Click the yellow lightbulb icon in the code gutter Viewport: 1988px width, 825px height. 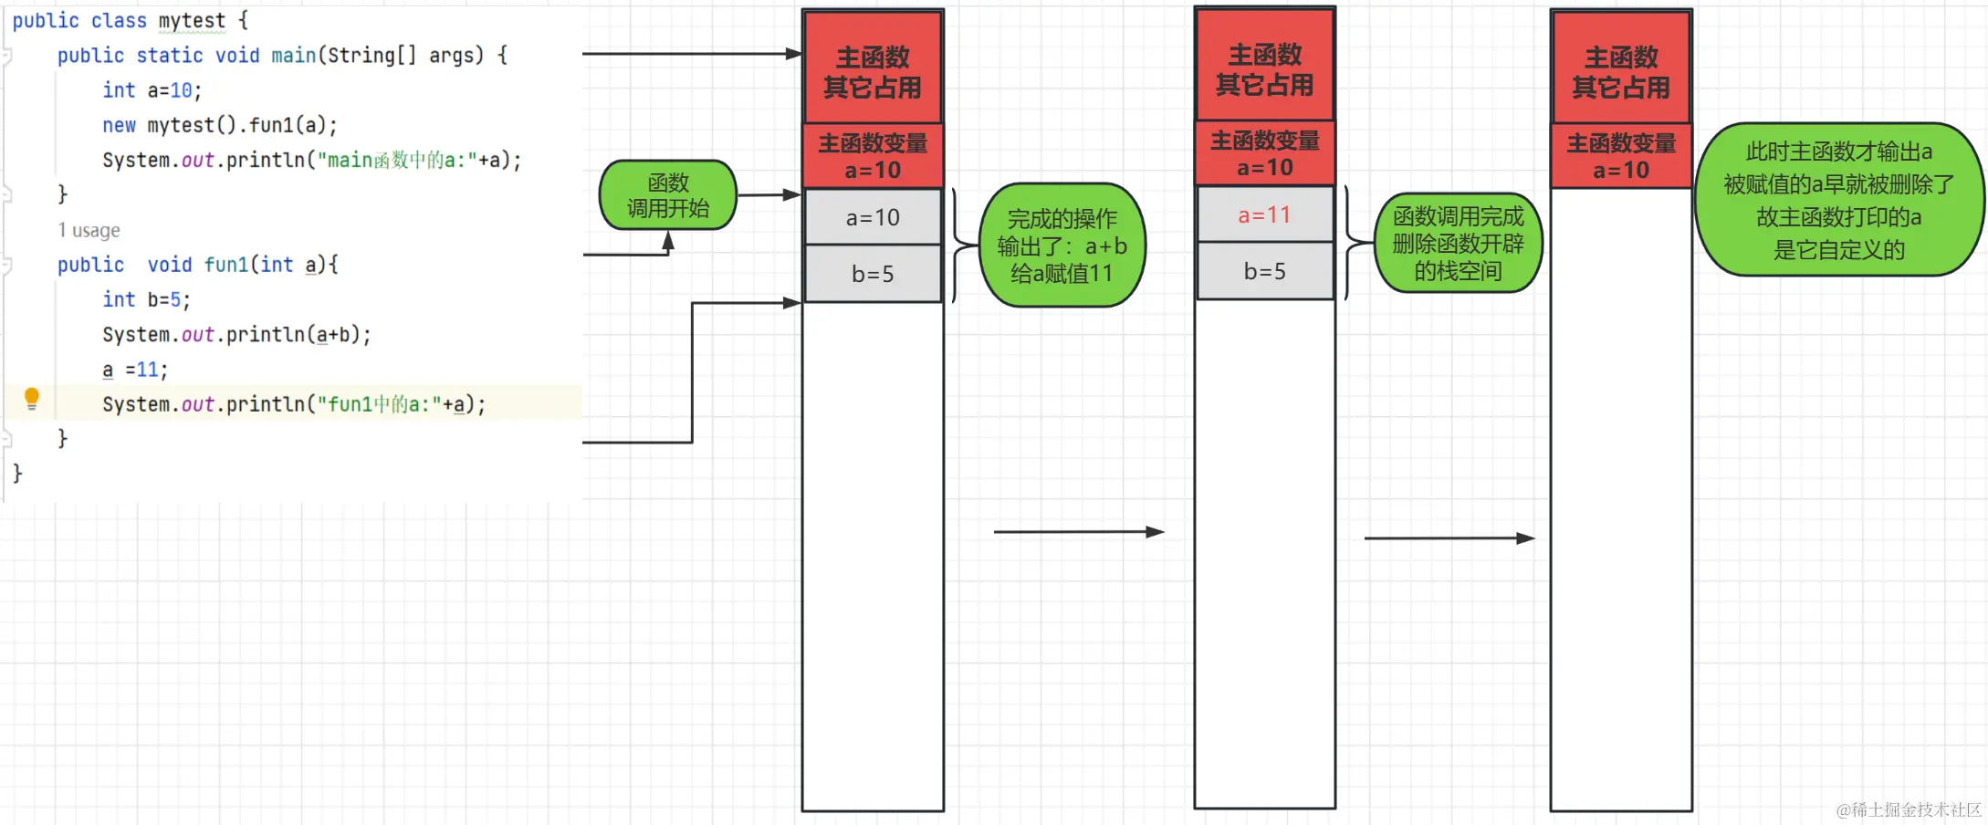click(32, 398)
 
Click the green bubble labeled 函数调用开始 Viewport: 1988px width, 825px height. click(668, 195)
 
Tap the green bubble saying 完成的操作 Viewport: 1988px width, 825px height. click(1062, 245)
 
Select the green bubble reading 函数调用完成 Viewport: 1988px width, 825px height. click(1458, 243)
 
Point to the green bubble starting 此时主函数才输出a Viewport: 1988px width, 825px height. click(1838, 200)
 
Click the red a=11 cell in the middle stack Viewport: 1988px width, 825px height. click(1264, 215)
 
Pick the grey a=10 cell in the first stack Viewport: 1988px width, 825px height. click(873, 217)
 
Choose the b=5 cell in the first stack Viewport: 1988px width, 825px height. click(873, 274)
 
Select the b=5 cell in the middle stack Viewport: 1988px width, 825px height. click(1264, 271)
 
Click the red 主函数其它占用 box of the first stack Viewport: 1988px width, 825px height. click(873, 71)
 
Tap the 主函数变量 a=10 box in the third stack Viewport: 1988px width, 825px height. click(1621, 156)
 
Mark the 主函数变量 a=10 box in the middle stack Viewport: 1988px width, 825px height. click(1264, 153)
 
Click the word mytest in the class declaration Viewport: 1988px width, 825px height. click(192, 20)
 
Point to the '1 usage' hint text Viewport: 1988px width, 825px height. click(89, 230)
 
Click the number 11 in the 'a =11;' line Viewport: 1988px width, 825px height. click(148, 370)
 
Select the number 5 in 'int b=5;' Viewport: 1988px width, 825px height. click(176, 299)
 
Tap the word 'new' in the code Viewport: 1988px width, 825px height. click(119, 125)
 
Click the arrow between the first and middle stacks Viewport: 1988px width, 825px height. click(1078, 531)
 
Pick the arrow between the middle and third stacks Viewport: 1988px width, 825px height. click(1449, 538)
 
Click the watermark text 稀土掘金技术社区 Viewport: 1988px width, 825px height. click(1916, 809)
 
